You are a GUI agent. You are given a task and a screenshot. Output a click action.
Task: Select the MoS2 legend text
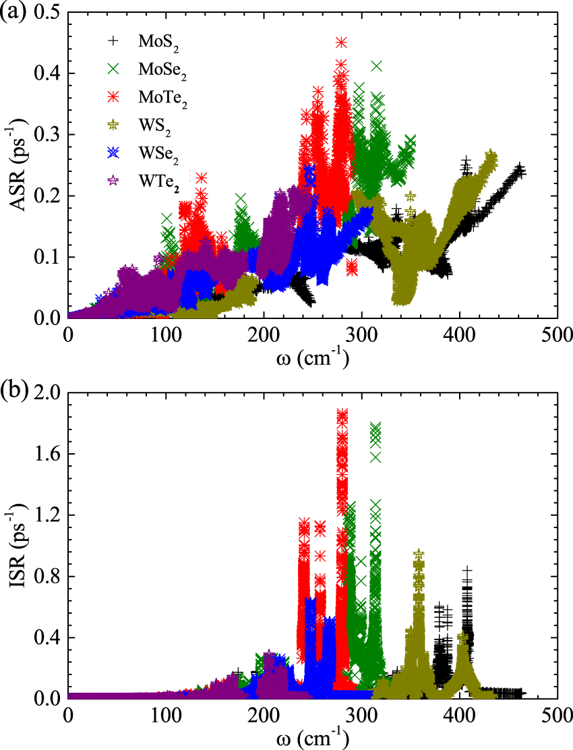pos(159,42)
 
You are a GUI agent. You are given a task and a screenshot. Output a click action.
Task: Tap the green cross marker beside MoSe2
pos(114,69)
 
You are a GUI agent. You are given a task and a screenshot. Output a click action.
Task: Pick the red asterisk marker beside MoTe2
pos(114,97)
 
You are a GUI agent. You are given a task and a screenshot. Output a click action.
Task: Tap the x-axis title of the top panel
pos(312,359)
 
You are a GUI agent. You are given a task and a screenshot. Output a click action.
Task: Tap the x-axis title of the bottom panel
pos(312,739)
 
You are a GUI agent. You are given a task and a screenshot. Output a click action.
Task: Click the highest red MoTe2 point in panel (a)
pos(341,42)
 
